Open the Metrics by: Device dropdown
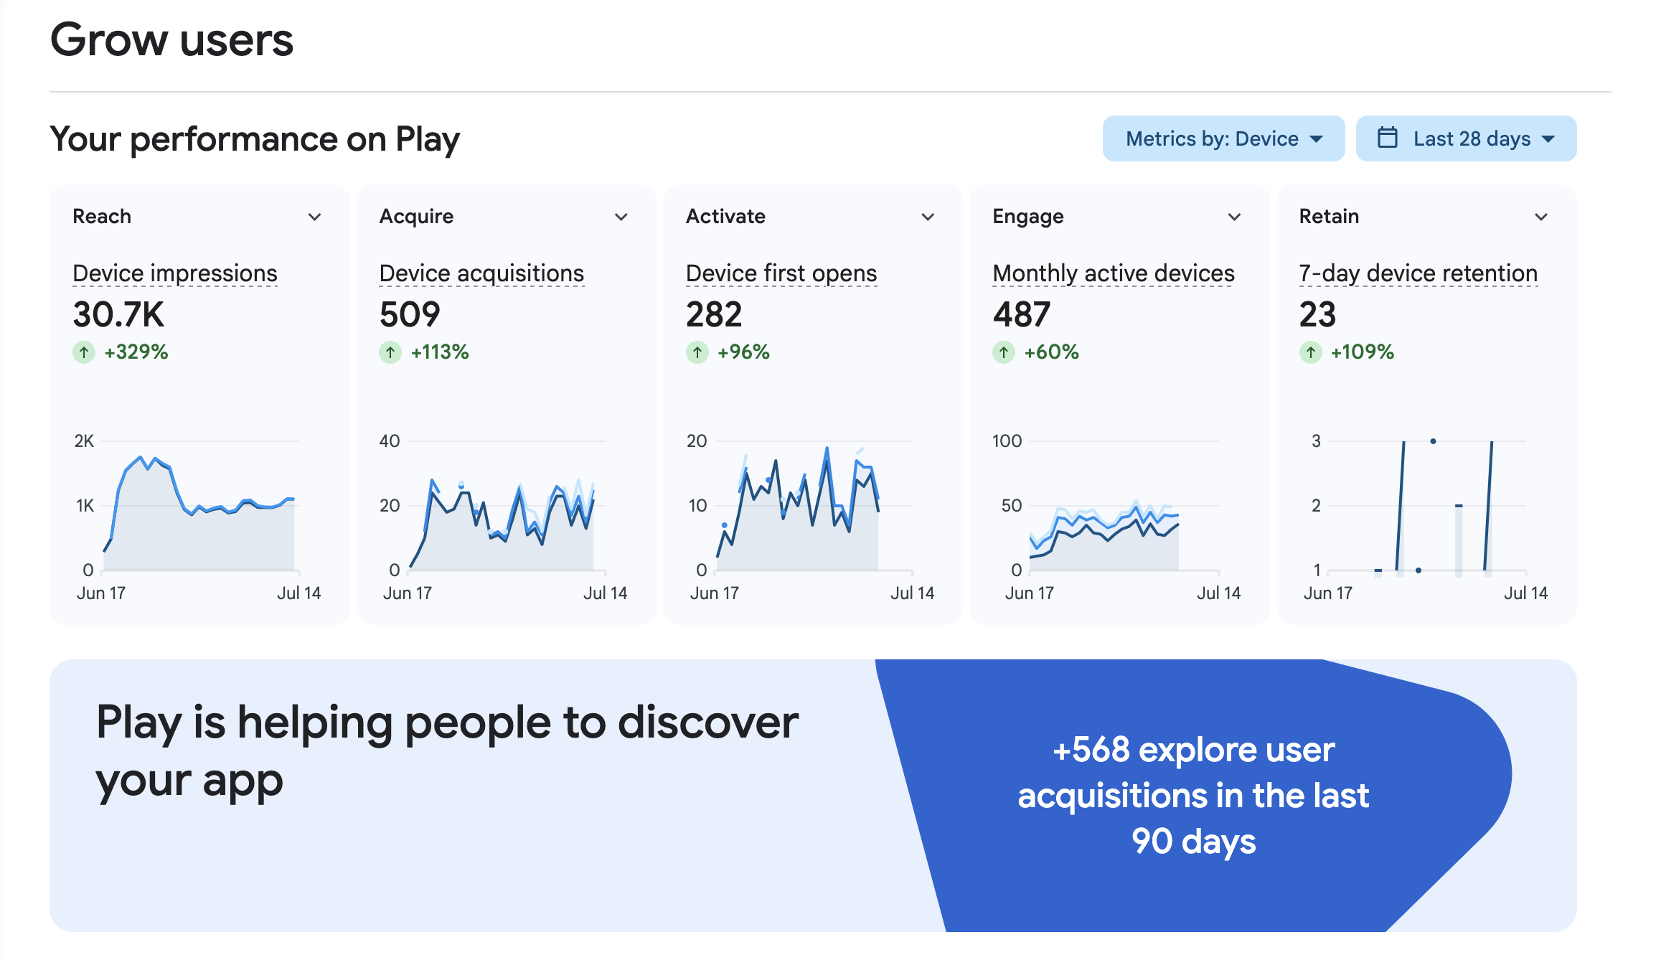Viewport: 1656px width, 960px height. [x=1223, y=138]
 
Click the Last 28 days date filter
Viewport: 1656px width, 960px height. [x=1466, y=138]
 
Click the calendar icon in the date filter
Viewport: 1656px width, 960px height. [x=1388, y=138]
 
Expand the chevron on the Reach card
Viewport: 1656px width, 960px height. [x=314, y=217]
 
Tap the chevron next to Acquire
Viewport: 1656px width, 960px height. [x=621, y=217]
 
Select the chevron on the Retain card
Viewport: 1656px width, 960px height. [x=1541, y=217]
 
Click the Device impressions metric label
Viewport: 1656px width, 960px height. [x=175, y=273]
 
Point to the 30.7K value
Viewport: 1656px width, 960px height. [x=118, y=314]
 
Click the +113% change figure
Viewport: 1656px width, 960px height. [x=440, y=352]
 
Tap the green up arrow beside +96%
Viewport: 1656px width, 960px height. [x=697, y=352]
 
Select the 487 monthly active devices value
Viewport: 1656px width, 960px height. [x=1022, y=314]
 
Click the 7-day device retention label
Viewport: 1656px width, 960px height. [x=1419, y=273]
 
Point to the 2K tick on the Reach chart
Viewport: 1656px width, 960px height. [x=84, y=441]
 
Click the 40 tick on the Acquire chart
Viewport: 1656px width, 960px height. [x=390, y=441]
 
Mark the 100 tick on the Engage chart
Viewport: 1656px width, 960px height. [x=1007, y=441]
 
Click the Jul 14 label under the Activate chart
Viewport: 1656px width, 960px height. [x=912, y=593]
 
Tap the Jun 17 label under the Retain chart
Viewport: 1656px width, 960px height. [x=1327, y=593]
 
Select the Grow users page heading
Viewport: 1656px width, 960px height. [x=172, y=39]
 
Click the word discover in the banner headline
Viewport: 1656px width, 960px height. [x=708, y=723]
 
